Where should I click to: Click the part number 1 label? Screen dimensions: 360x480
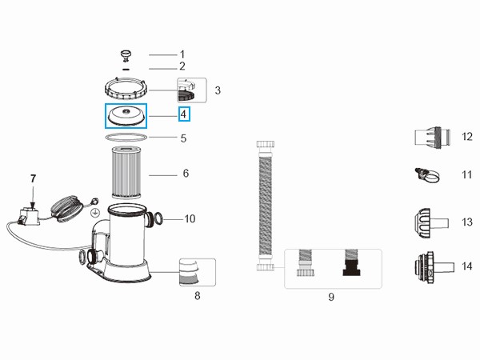pyautogui.click(x=182, y=54)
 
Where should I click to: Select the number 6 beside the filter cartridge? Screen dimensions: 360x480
pyautogui.click(x=185, y=174)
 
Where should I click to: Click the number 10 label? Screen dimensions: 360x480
pyautogui.click(x=190, y=218)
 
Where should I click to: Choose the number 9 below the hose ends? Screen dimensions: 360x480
pyautogui.click(x=330, y=298)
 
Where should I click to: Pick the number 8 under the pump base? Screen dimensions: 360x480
pyautogui.click(x=197, y=296)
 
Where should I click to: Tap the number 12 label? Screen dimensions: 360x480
pyautogui.click(x=466, y=137)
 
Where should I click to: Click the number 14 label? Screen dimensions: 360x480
pyautogui.click(x=466, y=266)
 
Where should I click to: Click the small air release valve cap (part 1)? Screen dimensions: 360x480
pyautogui.click(x=126, y=54)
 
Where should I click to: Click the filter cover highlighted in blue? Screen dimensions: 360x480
pyautogui.click(x=127, y=116)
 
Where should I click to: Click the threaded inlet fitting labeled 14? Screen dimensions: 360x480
pyautogui.click(x=431, y=266)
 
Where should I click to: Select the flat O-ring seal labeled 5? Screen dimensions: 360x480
pyautogui.click(x=126, y=138)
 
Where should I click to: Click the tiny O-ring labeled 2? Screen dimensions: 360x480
pyautogui.click(x=126, y=67)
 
